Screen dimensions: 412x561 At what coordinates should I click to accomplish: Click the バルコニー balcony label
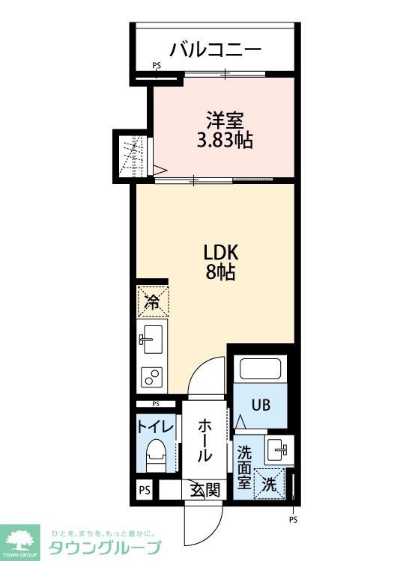pos(215,49)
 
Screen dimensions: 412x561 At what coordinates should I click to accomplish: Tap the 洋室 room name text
pos(225,120)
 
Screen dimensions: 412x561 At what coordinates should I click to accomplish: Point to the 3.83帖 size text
pos(225,140)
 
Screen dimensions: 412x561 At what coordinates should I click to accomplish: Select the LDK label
pos(221,253)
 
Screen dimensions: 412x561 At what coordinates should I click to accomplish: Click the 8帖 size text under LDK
pos(220,272)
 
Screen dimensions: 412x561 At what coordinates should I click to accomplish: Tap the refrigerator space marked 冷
pos(153,301)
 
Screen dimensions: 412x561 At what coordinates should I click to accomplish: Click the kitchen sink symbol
pos(152,339)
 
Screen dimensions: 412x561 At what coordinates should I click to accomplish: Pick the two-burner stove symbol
pos(152,377)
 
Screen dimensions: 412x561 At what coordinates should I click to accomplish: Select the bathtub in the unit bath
pos(260,368)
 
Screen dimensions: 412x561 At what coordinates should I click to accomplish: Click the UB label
pos(261,405)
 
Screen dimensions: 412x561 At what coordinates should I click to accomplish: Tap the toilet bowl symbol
pos(157,455)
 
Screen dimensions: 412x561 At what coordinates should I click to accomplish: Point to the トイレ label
pos(156,427)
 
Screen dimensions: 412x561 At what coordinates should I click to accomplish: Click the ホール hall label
pos(205,441)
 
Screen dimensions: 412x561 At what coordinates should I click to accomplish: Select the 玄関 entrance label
pos(205,489)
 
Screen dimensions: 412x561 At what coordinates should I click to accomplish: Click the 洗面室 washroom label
pos(244,467)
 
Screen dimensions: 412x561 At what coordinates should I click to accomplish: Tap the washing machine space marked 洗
pos(269,483)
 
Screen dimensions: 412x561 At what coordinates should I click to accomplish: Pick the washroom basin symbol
pos(279,450)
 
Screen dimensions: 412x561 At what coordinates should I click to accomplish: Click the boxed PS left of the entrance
pos(145,490)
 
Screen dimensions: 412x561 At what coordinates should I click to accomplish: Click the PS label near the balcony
pos(157,66)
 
